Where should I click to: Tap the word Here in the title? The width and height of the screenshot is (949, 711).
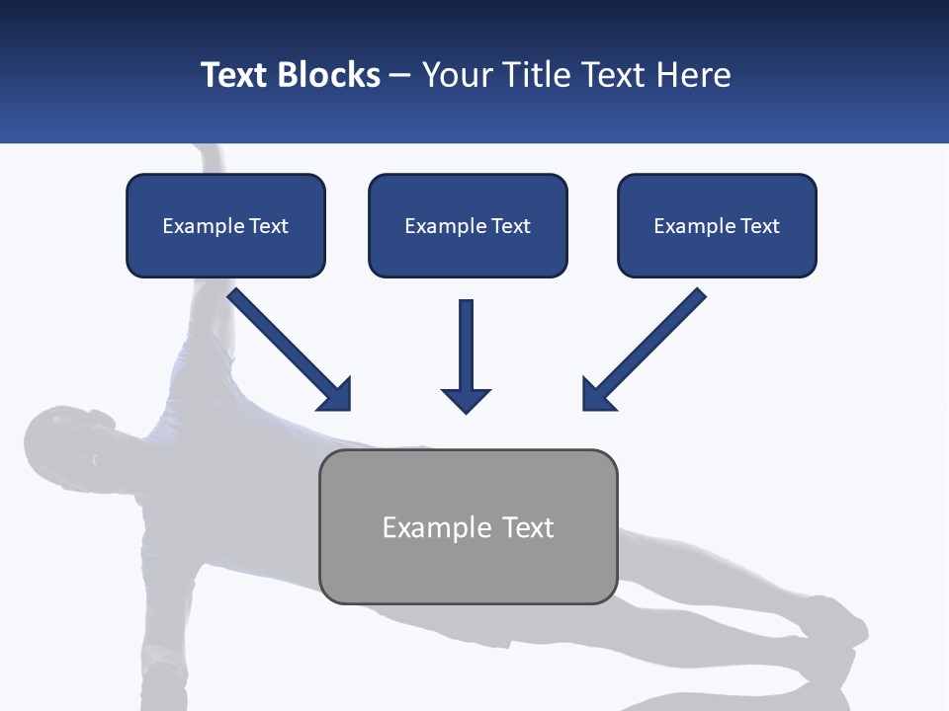(690, 75)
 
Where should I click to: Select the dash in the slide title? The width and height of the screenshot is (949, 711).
(400, 76)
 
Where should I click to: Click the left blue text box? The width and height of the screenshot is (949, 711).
(225, 225)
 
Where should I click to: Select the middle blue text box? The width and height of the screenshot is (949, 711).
(468, 225)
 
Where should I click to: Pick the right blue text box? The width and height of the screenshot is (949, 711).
(717, 225)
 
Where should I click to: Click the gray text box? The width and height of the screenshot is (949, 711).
(468, 526)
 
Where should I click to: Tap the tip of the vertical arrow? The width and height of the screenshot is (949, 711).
(467, 409)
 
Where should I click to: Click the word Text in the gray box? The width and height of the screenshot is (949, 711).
(528, 527)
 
